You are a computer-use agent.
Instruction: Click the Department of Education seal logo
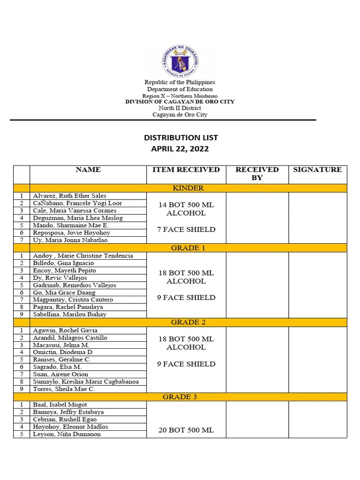pos(180,61)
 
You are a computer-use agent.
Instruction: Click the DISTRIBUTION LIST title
pos(180,138)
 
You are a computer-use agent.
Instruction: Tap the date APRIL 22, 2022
pos(180,149)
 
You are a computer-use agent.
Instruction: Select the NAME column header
pos(88,170)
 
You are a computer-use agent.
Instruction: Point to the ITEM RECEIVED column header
pos(186,170)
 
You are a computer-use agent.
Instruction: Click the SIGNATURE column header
pos(317,170)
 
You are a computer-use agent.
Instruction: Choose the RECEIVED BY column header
pos(257,173)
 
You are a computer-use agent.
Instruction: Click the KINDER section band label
pos(188,188)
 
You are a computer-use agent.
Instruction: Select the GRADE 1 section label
pos(188,248)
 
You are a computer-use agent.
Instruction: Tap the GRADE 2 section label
pos(188,322)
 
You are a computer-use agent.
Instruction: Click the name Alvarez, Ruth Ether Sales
pos(69,196)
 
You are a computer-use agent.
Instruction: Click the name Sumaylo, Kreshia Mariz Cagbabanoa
pos(86,382)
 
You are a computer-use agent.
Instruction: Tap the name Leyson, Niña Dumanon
pos(67,434)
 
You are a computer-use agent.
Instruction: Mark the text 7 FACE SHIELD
pos(186,230)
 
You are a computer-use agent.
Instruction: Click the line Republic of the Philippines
pos(180,82)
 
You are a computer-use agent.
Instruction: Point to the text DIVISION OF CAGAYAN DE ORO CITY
pos(180,102)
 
